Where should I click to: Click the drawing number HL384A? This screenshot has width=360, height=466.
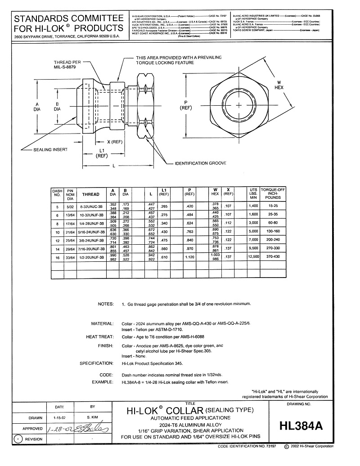point(301,426)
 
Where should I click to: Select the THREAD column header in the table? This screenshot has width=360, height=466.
point(90,195)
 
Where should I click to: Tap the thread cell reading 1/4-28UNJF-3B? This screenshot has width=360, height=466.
point(90,223)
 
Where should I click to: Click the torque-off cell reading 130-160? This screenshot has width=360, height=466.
point(273,231)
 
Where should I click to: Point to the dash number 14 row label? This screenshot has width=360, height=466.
point(57,248)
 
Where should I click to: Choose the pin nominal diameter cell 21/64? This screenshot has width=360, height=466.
point(70,232)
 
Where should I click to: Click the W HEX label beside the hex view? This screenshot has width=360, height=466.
point(279,85)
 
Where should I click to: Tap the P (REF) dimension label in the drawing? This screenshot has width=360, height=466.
point(185,105)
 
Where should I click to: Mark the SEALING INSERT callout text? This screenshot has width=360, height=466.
point(49,150)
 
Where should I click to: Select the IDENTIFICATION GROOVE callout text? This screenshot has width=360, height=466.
point(200,163)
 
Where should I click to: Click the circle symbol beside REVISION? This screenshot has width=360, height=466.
point(18,439)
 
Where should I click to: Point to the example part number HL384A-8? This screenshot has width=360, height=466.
point(132,382)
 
